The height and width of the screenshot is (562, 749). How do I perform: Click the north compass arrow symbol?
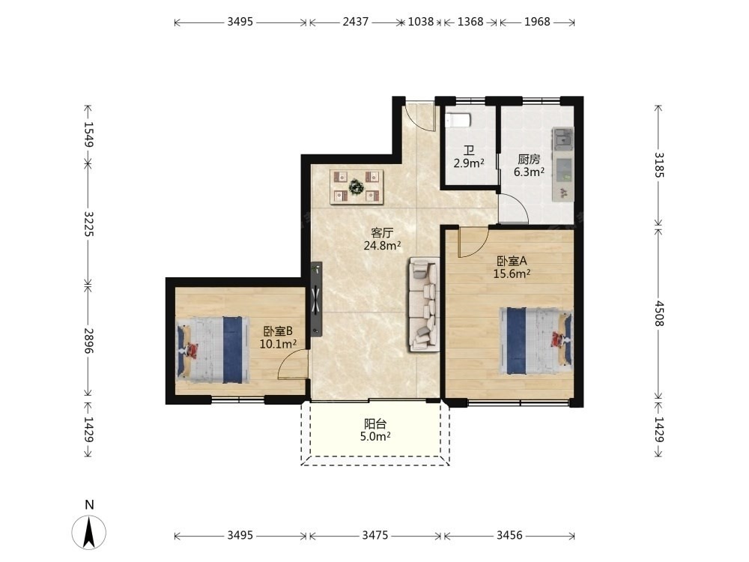[x=89, y=531]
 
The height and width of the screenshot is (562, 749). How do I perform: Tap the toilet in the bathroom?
[x=458, y=120]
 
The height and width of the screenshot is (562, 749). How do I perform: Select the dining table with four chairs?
[x=357, y=187]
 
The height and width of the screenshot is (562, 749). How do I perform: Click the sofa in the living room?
[x=424, y=304]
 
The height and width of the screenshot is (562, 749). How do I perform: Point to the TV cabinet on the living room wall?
[x=316, y=299]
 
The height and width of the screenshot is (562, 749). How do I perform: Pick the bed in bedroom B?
[x=213, y=349]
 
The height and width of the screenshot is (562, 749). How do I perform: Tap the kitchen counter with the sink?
[x=562, y=164]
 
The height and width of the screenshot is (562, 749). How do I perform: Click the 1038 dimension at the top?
[x=420, y=22]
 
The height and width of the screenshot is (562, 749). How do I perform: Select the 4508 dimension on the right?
[x=658, y=313]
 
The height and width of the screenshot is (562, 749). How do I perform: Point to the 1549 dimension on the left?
[x=88, y=134]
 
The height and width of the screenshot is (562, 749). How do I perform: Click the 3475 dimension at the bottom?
[x=375, y=535]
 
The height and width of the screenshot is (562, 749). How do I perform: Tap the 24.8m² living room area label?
[x=382, y=246]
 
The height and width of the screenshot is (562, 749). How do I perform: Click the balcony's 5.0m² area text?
[x=375, y=436]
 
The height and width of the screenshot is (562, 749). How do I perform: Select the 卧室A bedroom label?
[x=512, y=261]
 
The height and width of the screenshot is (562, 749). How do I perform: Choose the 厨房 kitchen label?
[x=529, y=159]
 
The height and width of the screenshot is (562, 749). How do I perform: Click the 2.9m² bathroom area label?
[x=469, y=163]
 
